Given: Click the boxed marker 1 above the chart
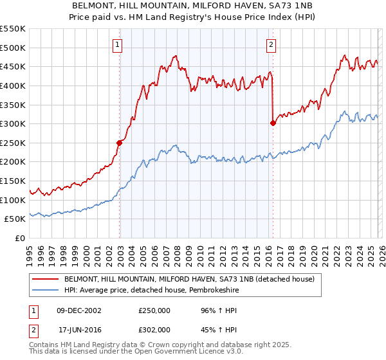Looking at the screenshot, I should click(119, 45).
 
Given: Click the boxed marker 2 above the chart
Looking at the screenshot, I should click(271, 45).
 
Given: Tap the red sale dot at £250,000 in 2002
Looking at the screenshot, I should click(120, 143).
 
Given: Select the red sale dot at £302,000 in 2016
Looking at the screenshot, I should click(273, 123).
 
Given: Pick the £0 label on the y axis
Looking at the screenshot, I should click(21, 238).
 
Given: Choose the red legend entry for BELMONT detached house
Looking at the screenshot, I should click(189, 280).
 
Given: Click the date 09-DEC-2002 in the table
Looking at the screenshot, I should click(78, 310).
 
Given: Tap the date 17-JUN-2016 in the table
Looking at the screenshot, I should click(78, 329).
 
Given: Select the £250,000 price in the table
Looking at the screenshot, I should click(154, 310).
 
